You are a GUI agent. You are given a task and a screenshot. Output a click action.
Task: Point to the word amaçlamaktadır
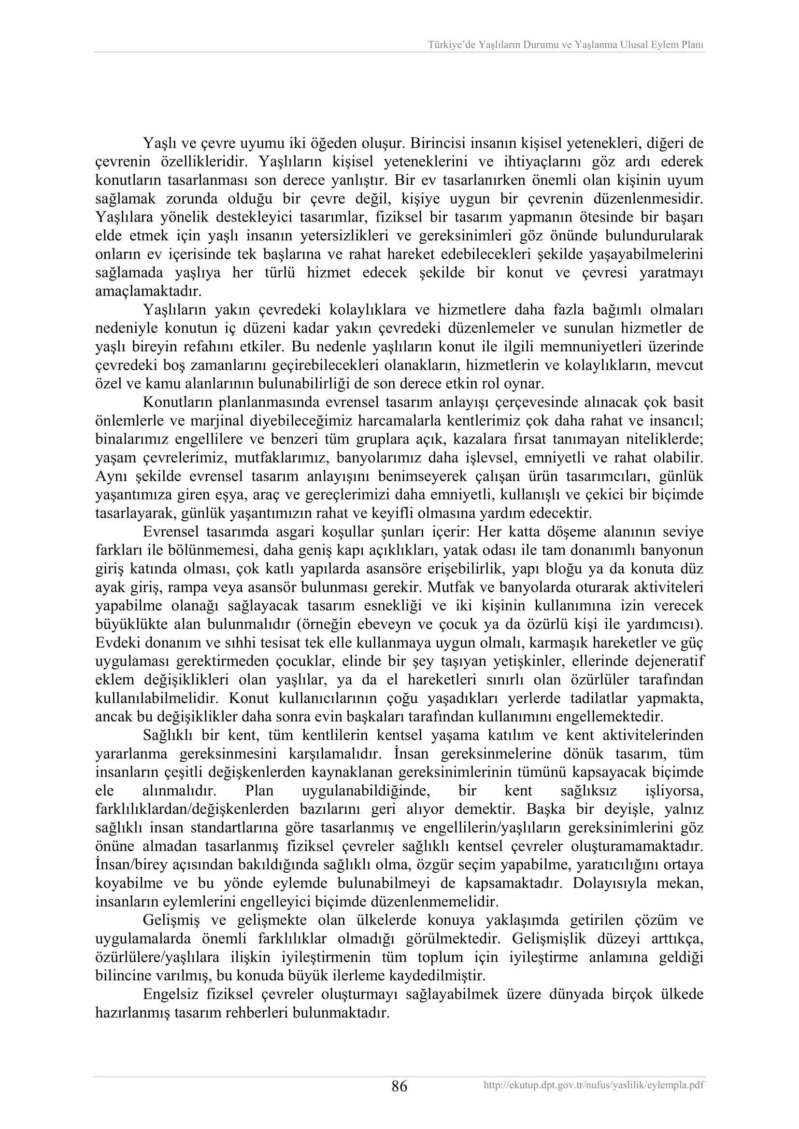pyautogui.click(x=148, y=291)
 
